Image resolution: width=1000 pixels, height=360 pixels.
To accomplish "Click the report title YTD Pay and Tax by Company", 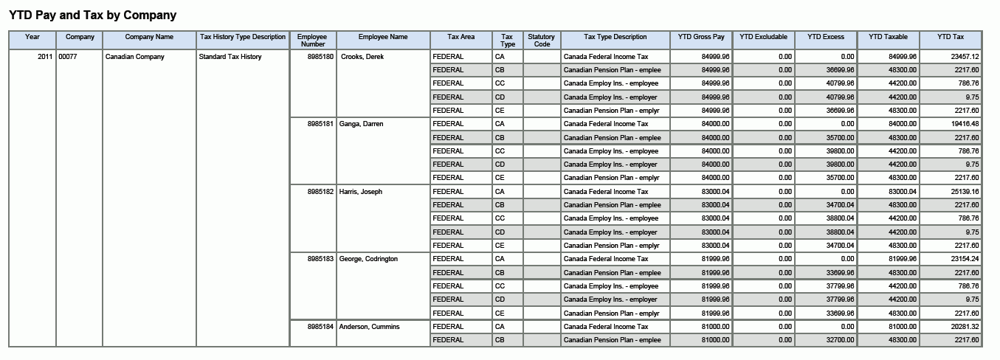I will (92, 15).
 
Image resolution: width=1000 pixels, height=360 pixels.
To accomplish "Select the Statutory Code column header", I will (542, 41).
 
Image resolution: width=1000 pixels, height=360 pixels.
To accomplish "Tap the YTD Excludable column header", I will (763, 37).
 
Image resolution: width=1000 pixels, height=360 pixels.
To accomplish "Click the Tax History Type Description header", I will (243, 37).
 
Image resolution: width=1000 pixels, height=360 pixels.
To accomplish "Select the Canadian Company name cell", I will (135, 57).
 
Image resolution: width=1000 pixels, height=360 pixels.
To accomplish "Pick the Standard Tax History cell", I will (230, 57).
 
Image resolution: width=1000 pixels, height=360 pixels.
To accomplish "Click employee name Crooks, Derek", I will (362, 57).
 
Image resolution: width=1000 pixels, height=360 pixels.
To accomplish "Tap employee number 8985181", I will (320, 124).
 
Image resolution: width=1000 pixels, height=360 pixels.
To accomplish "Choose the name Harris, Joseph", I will (361, 192).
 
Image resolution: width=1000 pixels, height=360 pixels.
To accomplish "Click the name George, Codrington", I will (368, 259).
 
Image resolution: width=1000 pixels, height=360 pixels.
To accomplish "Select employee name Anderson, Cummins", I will (369, 327).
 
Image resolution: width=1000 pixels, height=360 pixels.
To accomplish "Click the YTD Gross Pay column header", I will (701, 37).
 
